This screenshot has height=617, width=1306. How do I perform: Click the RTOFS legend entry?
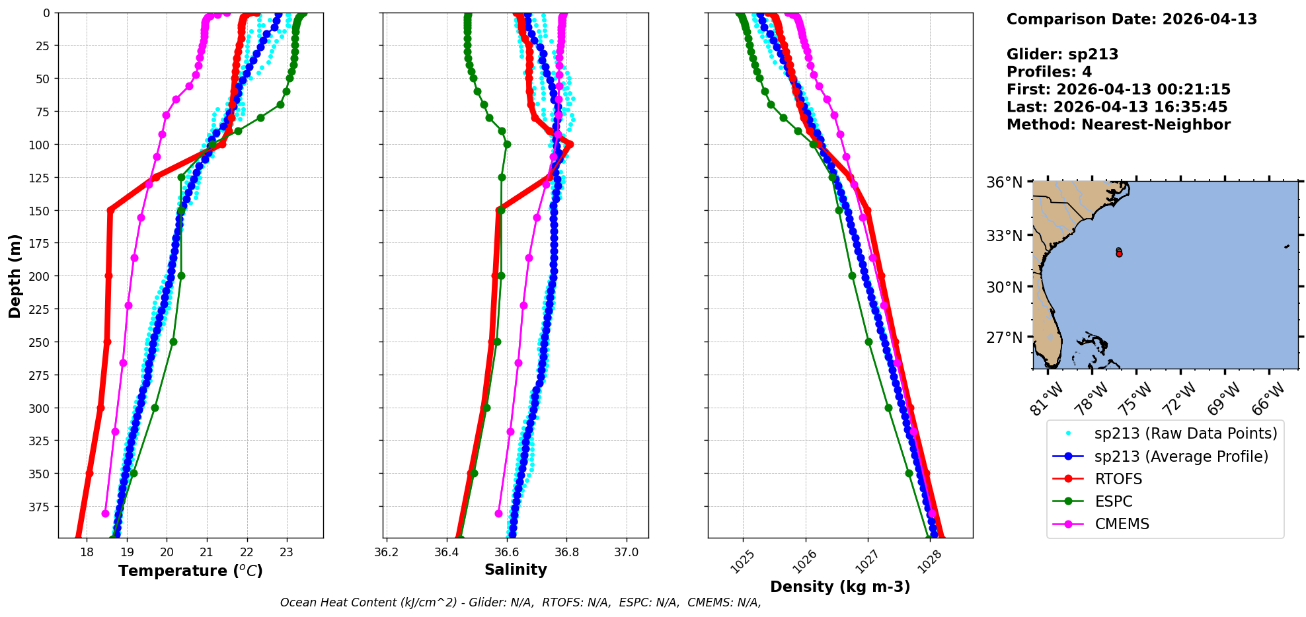(1118, 479)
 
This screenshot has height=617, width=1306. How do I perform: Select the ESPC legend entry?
(1113, 501)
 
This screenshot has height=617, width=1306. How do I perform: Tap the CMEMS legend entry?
(1122, 524)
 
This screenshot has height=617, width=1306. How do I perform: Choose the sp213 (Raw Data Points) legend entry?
(1185, 433)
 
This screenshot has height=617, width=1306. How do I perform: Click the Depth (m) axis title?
(15, 275)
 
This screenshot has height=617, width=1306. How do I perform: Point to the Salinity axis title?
(516, 569)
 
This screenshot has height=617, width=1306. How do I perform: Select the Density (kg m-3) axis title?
(840, 586)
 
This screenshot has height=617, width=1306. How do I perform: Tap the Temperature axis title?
(190, 571)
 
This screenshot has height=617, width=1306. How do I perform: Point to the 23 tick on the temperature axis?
(286, 552)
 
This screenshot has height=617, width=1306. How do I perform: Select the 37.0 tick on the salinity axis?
(626, 552)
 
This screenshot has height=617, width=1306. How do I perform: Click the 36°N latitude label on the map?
(1004, 182)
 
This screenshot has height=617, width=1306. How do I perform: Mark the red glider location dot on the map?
(1119, 254)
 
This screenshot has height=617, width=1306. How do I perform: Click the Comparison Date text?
(1132, 19)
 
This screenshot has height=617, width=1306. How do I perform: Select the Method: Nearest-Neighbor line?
(1118, 125)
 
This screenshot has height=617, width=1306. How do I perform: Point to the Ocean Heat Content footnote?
(520, 602)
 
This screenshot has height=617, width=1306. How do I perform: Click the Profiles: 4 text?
(1049, 72)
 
